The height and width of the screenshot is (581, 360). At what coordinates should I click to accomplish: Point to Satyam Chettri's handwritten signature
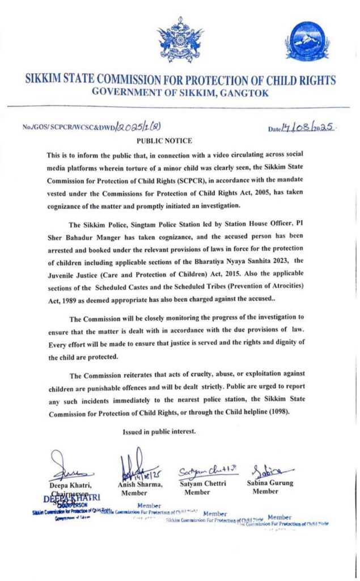click(x=201, y=470)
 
